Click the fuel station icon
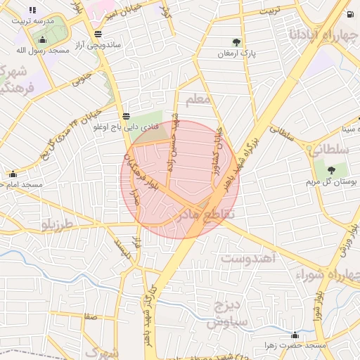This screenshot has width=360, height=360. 349,13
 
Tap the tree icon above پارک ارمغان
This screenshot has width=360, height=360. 236,42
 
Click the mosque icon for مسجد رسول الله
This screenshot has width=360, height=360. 42,39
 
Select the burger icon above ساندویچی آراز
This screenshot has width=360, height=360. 97,33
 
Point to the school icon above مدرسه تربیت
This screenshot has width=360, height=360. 32,11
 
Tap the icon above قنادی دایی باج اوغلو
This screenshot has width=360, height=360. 125,116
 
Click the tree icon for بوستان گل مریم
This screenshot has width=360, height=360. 330,169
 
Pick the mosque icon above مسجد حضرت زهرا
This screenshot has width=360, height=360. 295,335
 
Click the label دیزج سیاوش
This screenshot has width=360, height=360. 226,313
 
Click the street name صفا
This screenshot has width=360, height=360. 90,318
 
